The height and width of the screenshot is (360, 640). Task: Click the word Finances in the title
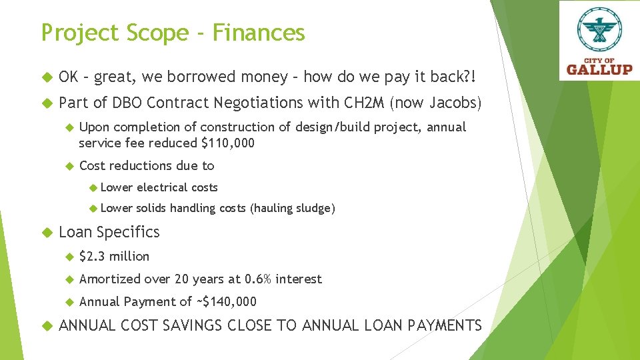point(259,33)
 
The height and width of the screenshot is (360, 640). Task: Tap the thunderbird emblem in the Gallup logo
point(599,30)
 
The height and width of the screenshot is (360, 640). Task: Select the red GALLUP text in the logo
point(599,69)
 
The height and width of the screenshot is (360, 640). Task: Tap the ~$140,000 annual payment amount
point(226,301)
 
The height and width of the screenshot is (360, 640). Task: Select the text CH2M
point(362,103)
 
